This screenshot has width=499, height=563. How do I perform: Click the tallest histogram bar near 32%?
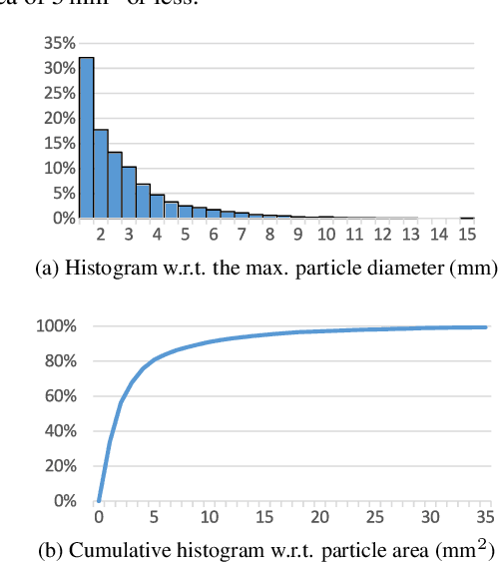(x=86, y=137)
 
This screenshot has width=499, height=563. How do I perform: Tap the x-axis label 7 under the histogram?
(x=241, y=234)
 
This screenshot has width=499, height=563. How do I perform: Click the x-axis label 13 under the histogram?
(x=410, y=234)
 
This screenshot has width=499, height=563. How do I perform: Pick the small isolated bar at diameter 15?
(x=466, y=217)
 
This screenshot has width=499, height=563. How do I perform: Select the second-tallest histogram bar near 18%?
(x=101, y=173)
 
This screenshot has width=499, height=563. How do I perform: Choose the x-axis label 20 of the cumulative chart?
(x=319, y=517)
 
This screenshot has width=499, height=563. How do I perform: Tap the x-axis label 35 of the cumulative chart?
(x=486, y=517)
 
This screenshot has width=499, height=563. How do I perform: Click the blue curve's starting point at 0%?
(x=98, y=500)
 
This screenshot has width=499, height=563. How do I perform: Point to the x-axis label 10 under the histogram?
(x=325, y=234)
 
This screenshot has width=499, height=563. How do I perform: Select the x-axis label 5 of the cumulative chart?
(x=154, y=517)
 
